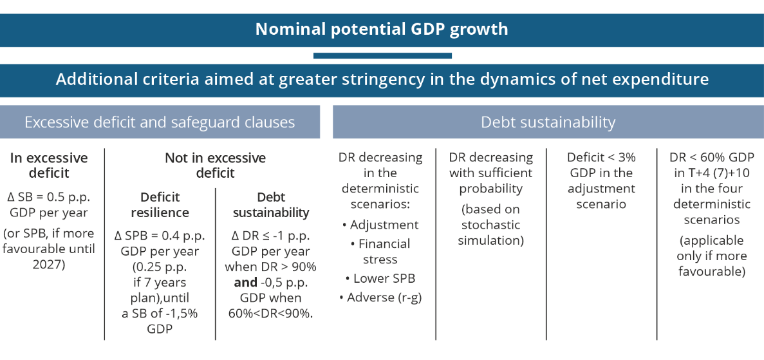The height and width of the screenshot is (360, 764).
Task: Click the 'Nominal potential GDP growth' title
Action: (382, 29)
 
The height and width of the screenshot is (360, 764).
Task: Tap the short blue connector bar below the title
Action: (382, 55)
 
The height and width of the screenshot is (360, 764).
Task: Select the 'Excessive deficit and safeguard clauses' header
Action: (160, 122)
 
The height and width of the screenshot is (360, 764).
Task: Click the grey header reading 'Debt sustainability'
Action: (548, 122)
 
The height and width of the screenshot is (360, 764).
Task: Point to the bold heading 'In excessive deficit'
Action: (49, 166)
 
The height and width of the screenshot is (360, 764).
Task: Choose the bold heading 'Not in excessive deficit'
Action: (216, 166)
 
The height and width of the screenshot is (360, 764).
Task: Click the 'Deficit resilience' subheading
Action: (160, 205)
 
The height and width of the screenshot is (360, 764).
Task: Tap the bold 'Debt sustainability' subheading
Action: (270, 205)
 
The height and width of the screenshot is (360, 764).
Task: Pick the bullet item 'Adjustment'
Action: (380, 225)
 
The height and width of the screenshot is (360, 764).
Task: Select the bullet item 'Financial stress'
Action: (380, 251)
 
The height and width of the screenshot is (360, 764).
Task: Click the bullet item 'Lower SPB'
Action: (380, 279)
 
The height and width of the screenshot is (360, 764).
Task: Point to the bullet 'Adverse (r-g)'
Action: (380, 297)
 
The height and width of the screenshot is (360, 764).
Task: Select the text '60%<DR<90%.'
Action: (270, 314)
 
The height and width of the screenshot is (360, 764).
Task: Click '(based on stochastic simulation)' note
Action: (490, 225)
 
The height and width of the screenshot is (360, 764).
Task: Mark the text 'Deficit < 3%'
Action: (601, 158)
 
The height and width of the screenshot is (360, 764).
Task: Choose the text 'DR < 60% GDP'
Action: (711, 158)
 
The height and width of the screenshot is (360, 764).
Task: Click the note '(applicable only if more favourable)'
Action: (711, 256)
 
